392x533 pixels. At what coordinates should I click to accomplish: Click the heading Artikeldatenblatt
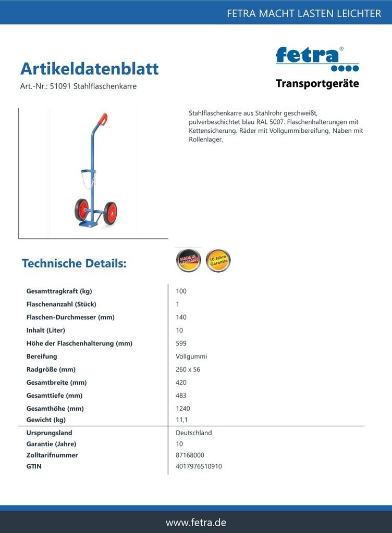coord(89,69)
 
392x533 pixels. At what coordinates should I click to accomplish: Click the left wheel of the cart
coord(81,210)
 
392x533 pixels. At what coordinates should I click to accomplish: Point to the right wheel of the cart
coord(110,213)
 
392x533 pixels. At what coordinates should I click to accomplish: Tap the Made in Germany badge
coord(188,260)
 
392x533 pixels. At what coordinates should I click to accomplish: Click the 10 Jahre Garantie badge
coord(218,260)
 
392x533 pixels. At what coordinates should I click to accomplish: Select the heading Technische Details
coord(74,263)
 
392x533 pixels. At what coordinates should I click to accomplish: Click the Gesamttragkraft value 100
coord(181,291)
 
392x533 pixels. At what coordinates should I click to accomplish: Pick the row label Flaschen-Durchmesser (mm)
coord(70,318)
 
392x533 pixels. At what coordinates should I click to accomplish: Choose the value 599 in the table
coord(181,344)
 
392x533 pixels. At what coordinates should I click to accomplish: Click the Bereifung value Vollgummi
coord(191,357)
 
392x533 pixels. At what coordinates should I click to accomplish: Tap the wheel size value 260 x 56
coord(188,370)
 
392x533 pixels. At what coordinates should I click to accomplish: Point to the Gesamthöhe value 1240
coord(183,409)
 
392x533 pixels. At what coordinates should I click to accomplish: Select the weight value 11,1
coord(182,420)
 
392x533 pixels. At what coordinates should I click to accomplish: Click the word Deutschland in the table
coord(194,433)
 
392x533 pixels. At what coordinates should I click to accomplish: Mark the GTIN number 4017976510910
coord(199,466)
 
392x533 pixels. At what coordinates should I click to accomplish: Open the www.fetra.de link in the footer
coord(196,522)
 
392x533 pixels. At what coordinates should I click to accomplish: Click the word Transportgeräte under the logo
coord(317,84)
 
